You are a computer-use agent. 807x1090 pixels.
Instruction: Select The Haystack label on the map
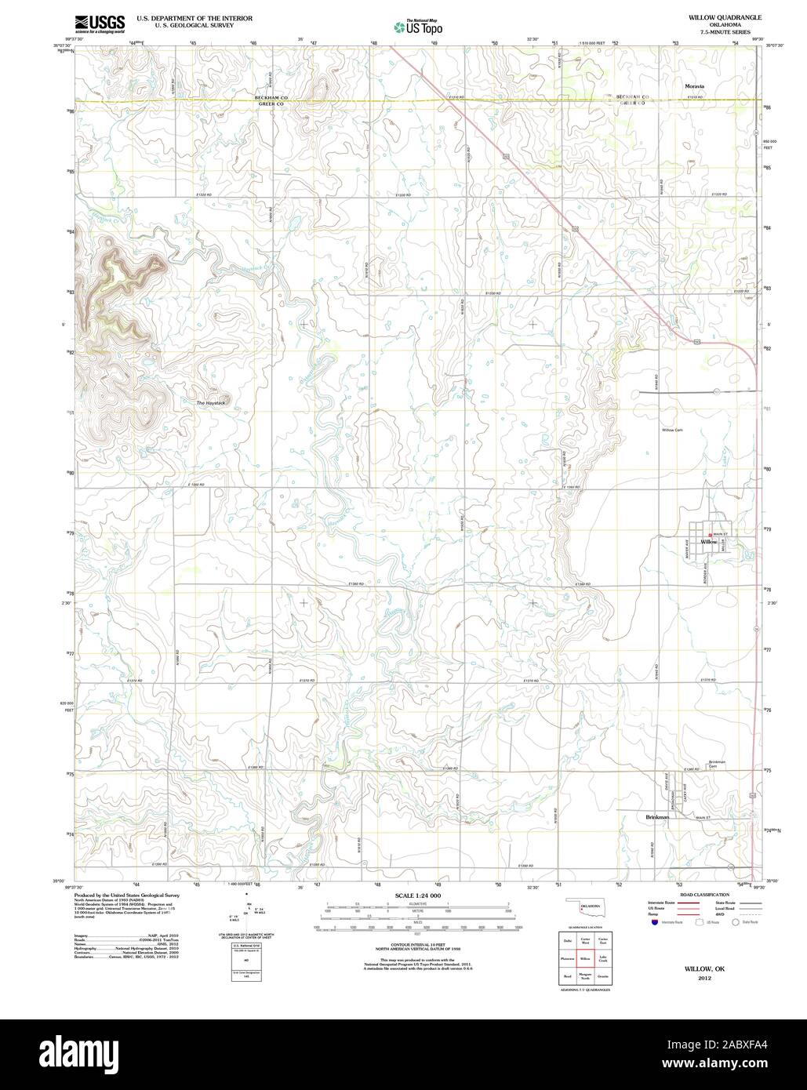coord(211,402)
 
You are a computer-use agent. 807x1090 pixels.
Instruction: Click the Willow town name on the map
coord(708,542)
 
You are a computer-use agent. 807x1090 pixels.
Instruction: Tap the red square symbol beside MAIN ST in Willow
coord(710,535)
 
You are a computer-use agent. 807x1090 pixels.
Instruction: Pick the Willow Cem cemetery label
coord(674,431)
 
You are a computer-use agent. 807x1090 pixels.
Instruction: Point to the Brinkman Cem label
coord(717,765)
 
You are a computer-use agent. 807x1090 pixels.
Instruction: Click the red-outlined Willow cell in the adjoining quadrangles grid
coord(584,958)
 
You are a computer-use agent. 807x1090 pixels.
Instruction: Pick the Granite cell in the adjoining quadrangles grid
coord(603,977)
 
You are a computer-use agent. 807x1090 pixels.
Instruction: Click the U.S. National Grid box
coord(247,947)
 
